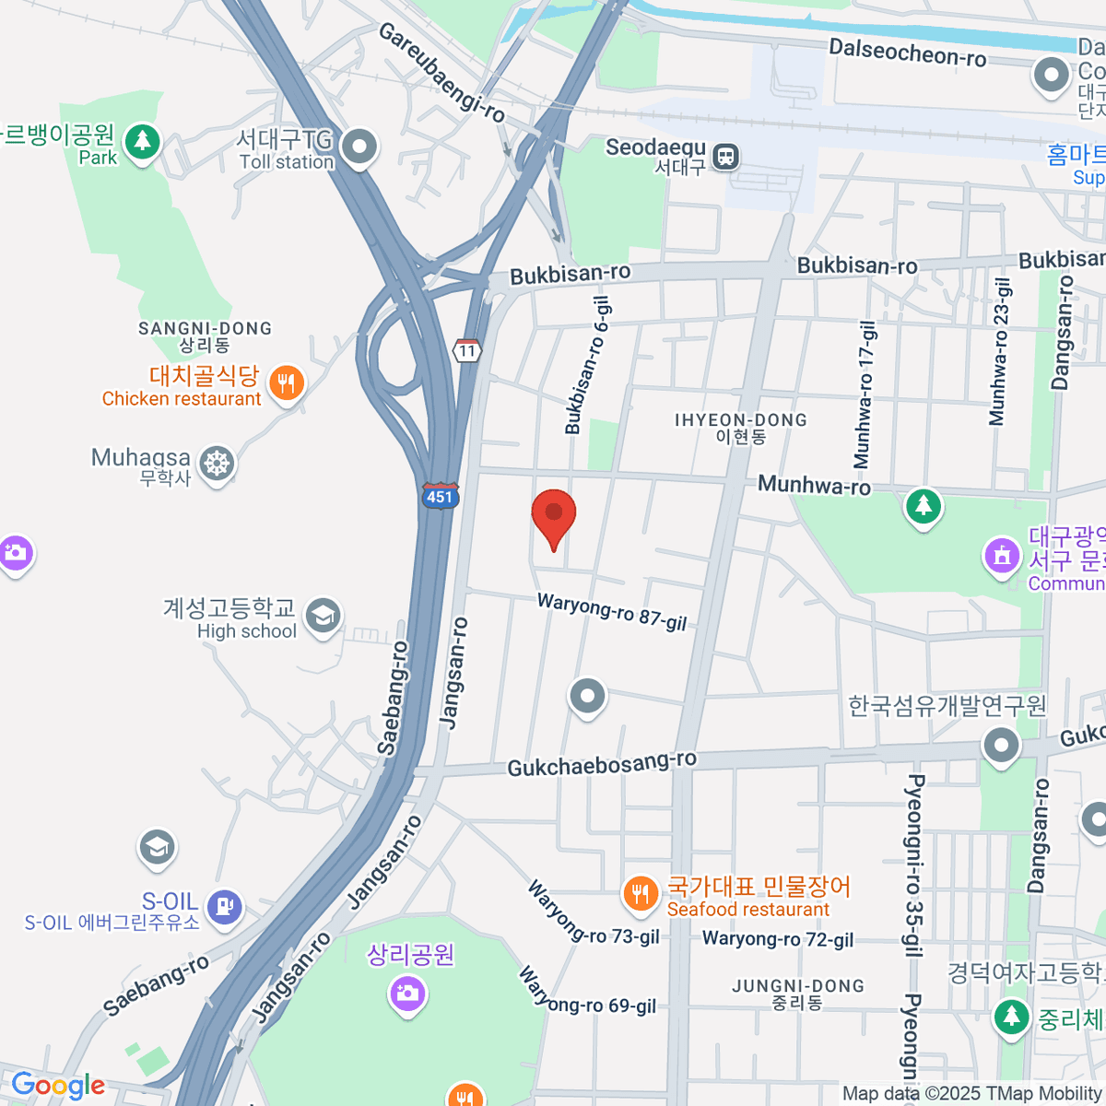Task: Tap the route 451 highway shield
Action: click(440, 496)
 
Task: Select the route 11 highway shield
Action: click(468, 350)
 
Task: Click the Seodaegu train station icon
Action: click(727, 156)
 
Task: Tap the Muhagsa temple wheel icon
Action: click(217, 464)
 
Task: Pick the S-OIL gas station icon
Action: click(225, 906)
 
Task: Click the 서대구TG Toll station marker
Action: click(359, 146)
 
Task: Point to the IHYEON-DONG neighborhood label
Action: click(740, 428)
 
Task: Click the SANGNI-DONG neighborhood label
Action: click(205, 336)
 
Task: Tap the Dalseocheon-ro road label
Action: click(907, 53)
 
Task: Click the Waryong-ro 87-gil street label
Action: click(612, 611)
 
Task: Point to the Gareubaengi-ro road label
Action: click(441, 73)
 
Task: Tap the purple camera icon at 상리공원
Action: click(406, 993)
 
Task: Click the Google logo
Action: click(57, 1085)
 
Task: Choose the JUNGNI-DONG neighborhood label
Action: click(798, 994)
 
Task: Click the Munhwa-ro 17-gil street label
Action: click(865, 395)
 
